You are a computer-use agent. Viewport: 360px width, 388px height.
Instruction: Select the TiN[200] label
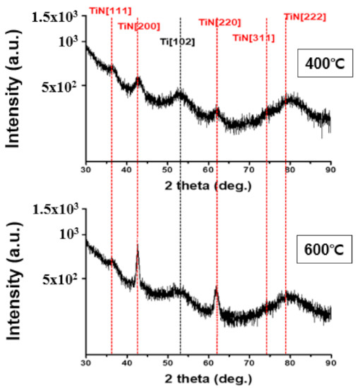coord(138,26)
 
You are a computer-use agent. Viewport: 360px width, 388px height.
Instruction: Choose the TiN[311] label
coord(254,37)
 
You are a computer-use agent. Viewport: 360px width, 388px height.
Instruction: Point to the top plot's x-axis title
coord(208,185)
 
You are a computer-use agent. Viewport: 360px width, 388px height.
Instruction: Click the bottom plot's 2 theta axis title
coord(208,379)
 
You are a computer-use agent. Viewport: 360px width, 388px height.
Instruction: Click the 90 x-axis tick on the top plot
coord(330,170)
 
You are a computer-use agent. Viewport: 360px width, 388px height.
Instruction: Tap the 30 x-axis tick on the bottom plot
coord(86,363)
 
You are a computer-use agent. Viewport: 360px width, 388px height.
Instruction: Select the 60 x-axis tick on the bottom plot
coord(208,363)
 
